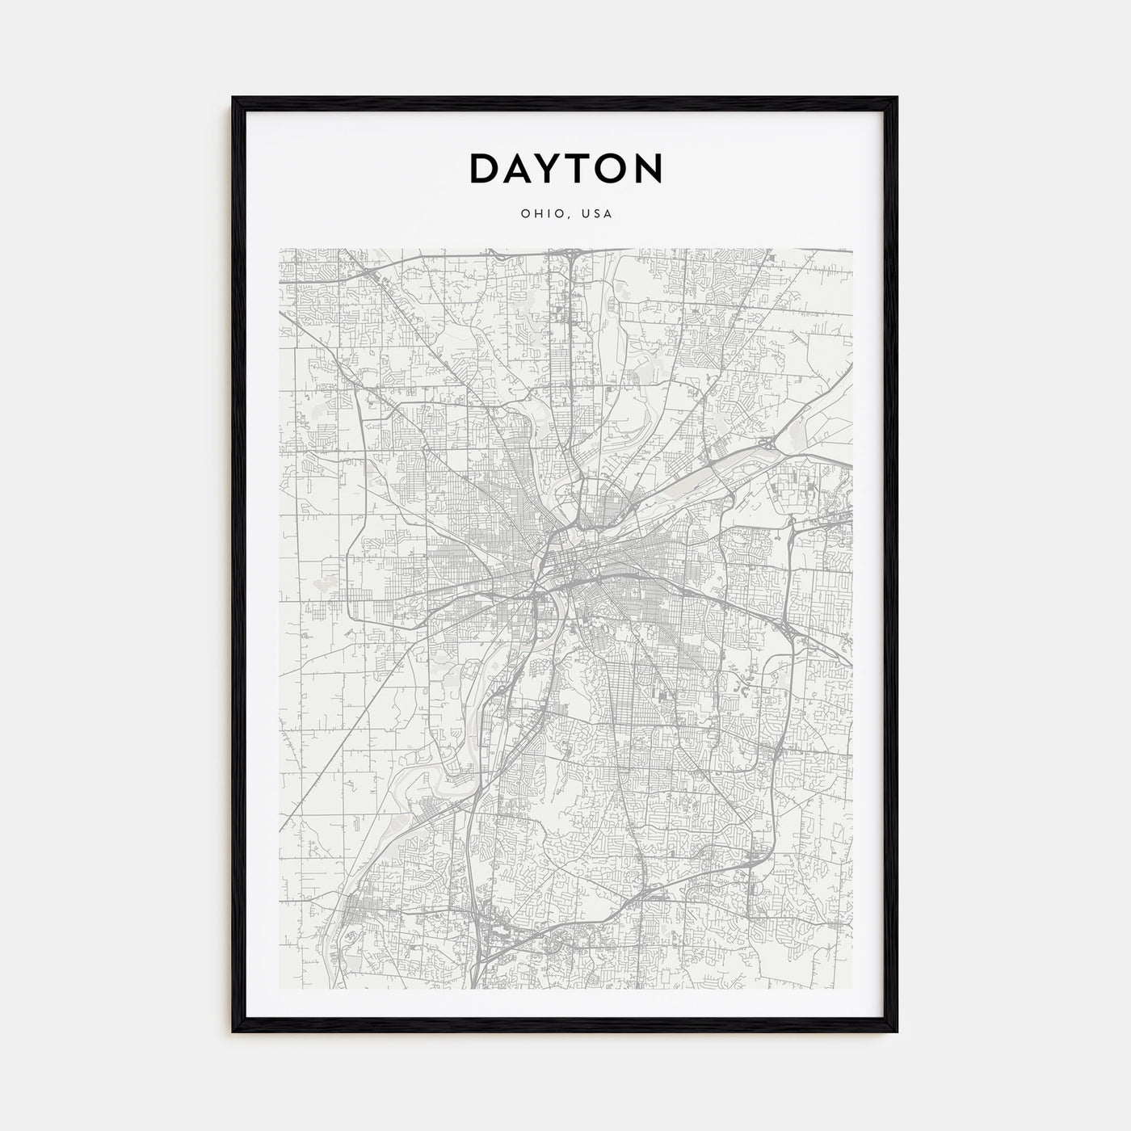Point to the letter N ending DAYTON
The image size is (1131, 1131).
pos(649,168)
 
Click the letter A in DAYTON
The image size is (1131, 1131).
pos(519,168)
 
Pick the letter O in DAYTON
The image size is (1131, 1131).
pos(615,168)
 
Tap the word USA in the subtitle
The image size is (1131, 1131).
pos(598,214)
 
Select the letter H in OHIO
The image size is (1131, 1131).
pos(533,214)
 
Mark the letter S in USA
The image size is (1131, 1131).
pos(598,214)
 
